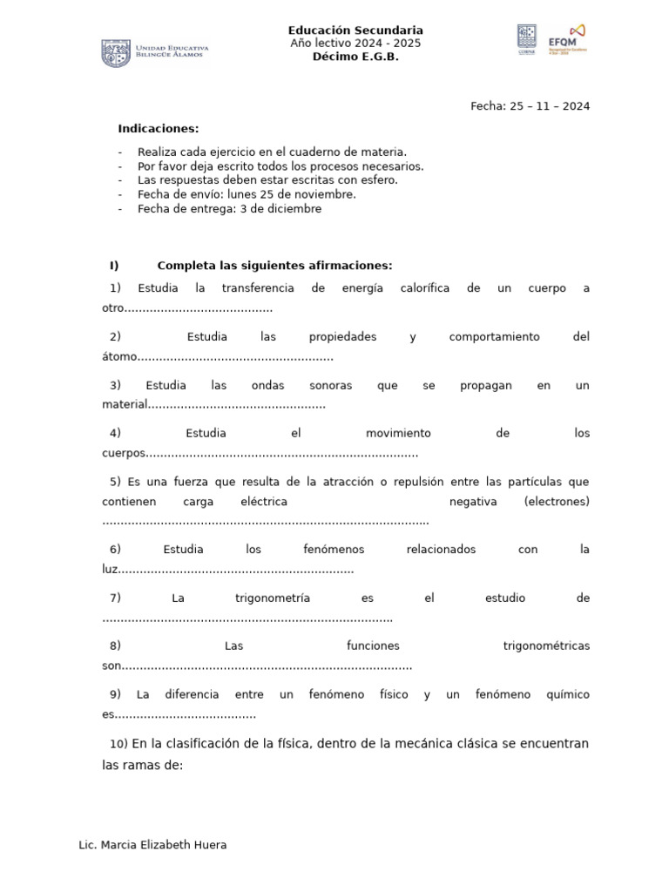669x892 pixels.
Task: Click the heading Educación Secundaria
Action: (355, 30)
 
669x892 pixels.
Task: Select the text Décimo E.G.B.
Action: (355, 57)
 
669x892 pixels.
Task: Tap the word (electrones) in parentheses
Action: (557, 502)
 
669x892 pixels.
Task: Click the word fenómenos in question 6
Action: (334, 550)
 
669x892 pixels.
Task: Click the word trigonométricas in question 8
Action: (546, 646)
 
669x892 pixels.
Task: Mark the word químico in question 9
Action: (567, 695)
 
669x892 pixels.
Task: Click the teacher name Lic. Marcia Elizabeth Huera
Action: (152, 845)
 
